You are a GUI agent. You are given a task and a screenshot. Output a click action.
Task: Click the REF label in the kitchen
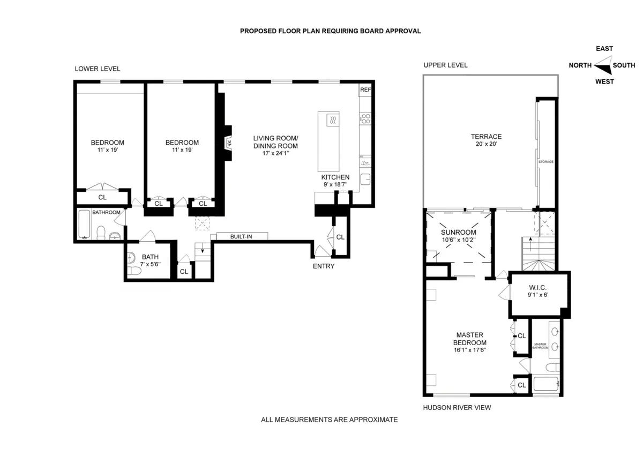[365, 89]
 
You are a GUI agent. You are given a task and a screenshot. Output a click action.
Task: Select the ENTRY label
[324, 266]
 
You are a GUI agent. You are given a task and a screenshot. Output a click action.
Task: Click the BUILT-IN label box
[241, 236]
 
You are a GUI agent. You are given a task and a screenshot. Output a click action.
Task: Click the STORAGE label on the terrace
[546, 161]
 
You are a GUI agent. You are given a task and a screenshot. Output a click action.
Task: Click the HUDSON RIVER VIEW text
[457, 407]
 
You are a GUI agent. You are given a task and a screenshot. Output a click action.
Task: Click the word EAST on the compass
[604, 49]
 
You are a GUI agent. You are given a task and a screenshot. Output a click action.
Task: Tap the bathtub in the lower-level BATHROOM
[84, 225]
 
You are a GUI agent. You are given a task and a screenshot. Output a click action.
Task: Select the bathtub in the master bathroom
[546, 384]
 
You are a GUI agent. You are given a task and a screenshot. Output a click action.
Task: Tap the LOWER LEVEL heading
[98, 69]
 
